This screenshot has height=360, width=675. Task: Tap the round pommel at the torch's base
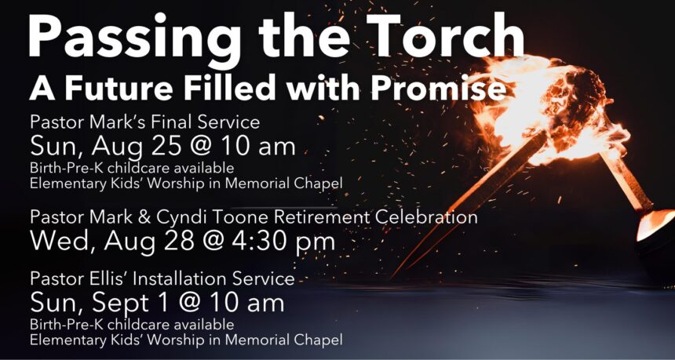point(658,227)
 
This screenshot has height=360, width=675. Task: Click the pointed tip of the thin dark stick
point(393,277)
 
